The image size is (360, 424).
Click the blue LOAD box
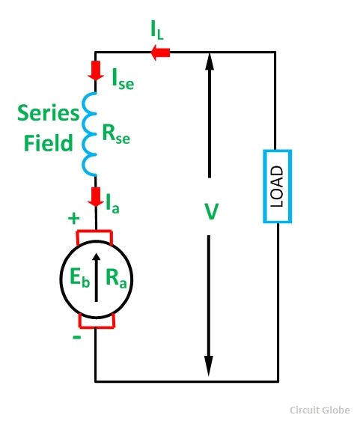click(x=276, y=187)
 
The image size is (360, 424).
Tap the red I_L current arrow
click(x=160, y=52)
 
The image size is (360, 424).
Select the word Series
click(x=47, y=115)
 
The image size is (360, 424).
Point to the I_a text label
click(x=115, y=202)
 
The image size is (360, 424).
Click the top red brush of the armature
click(x=95, y=237)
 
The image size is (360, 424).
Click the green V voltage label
click(x=211, y=212)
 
